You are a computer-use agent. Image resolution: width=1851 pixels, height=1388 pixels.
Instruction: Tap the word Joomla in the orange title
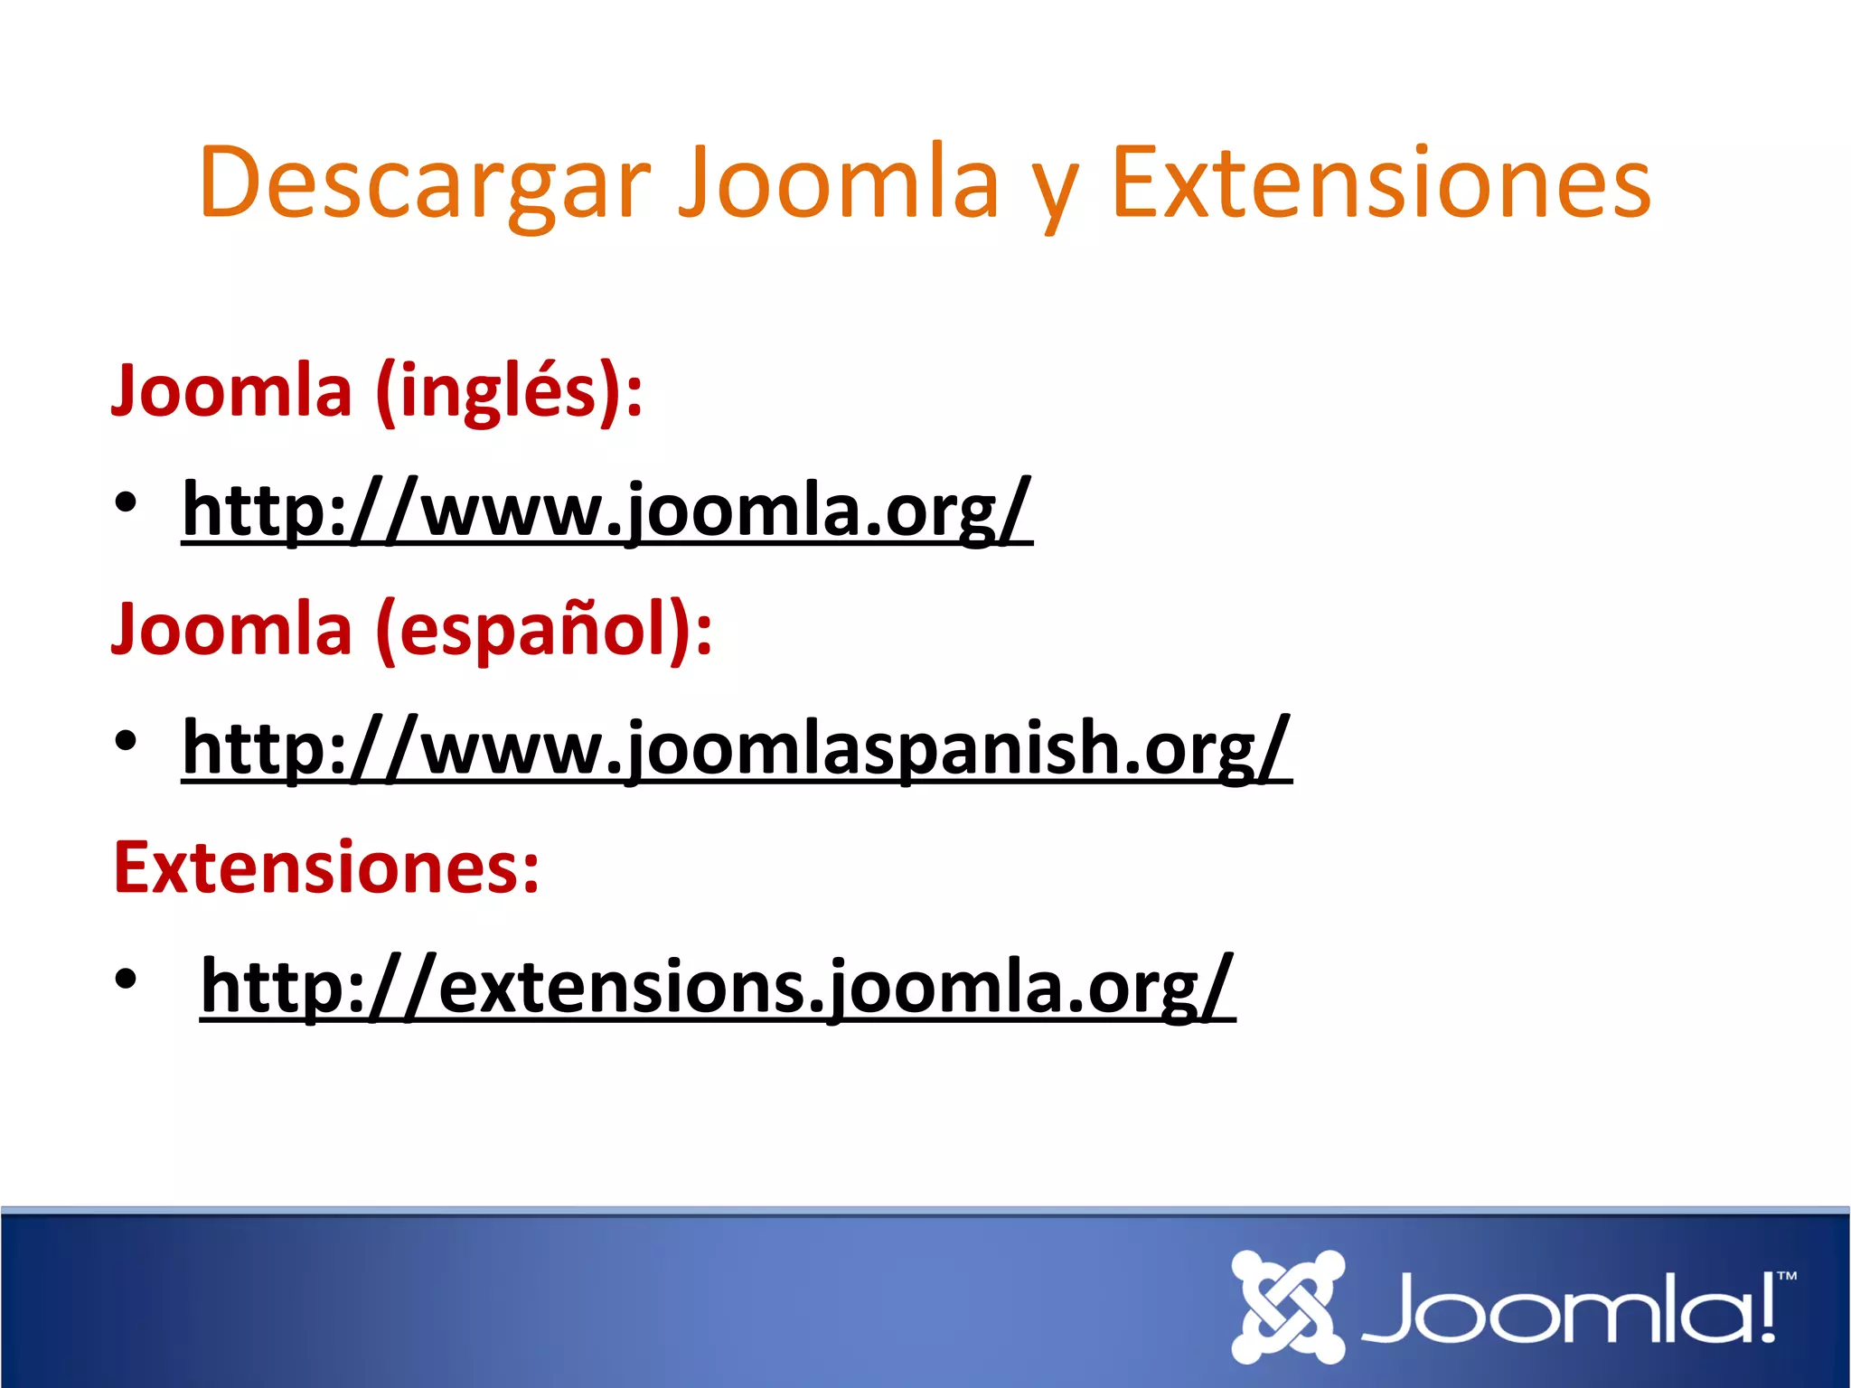coord(839,183)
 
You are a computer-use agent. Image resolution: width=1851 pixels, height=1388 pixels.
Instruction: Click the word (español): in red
coord(545,631)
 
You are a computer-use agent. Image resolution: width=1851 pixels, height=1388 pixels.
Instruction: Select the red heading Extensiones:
coord(326,867)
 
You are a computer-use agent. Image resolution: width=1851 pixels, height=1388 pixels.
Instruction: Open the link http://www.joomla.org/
coord(606,511)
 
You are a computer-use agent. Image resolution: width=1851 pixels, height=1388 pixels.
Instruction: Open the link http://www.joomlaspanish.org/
coord(737,749)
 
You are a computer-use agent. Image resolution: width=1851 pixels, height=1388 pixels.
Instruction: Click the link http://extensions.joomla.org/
coord(717,987)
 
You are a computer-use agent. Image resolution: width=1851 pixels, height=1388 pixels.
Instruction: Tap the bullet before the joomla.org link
coord(126,502)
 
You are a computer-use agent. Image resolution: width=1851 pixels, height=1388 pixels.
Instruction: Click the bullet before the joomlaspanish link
coord(126,740)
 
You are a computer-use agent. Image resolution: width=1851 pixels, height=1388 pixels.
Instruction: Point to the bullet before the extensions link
coord(126,978)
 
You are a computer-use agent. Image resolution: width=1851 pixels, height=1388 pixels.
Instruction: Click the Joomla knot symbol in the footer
coord(1288,1307)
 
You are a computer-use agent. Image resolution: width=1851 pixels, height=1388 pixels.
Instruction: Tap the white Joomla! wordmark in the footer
coord(1568,1308)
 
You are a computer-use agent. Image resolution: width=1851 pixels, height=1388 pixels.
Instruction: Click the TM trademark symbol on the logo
coord(1787,1277)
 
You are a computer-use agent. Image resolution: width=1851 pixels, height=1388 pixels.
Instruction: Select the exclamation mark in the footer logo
coord(1768,1308)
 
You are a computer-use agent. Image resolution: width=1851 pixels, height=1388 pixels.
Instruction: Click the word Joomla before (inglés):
coord(231,391)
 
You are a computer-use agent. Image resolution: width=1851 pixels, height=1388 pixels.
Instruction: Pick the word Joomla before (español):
coord(231,629)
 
